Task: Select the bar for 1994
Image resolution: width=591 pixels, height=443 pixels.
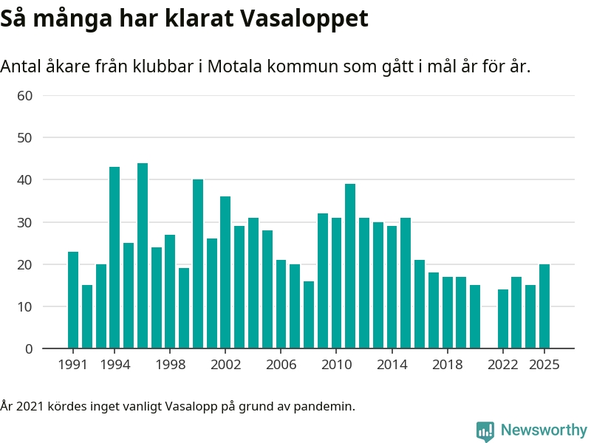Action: (x=115, y=258)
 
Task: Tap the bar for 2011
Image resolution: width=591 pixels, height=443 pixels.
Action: (x=350, y=266)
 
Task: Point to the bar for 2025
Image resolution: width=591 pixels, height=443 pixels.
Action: (x=544, y=306)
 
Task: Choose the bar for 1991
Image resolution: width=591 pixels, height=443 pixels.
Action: (x=73, y=300)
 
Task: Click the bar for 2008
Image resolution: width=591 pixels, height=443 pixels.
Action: (x=309, y=315)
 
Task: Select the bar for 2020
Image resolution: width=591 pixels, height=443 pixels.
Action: (x=475, y=317)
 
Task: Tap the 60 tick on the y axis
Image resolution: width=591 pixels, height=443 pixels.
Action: (x=25, y=95)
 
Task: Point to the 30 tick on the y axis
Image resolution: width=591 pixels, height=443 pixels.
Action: (x=25, y=222)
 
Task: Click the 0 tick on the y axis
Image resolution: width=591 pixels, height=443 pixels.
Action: (x=29, y=348)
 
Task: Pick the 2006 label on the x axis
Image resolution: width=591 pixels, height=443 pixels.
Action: (x=281, y=365)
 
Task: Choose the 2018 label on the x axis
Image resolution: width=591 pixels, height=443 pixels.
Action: (x=447, y=365)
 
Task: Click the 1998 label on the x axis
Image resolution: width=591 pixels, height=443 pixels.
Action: (x=170, y=365)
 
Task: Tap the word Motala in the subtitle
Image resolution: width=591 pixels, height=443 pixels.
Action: (x=234, y=66)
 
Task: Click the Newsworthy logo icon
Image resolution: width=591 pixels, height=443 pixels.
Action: (x=485, y=430)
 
